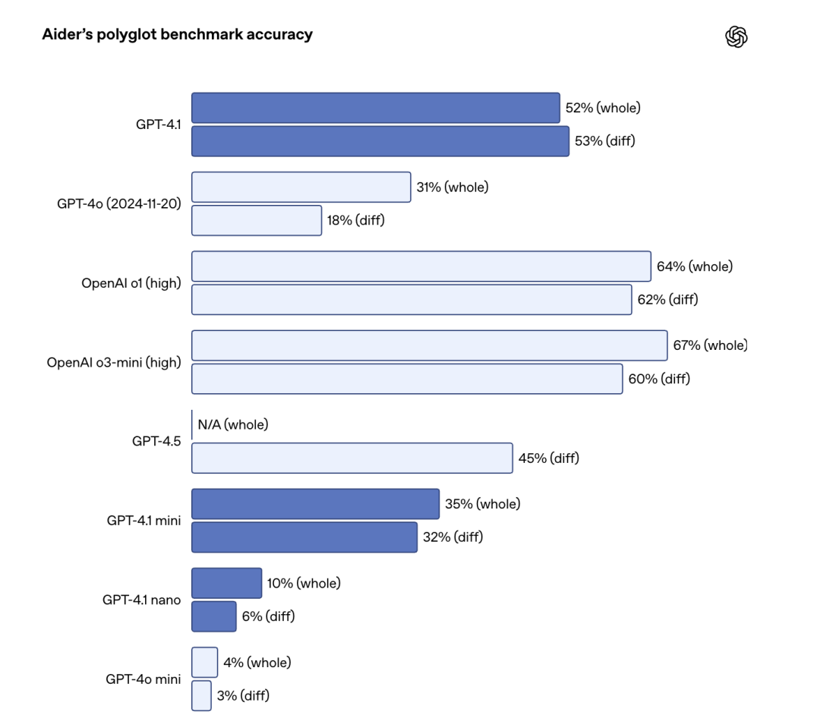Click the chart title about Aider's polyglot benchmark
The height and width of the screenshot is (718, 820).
click(177, 35)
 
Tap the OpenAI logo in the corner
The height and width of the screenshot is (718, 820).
click(736, 36)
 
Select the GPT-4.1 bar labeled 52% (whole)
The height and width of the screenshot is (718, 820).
click(375, 108)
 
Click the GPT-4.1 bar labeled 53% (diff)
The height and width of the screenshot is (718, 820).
click(380, 141)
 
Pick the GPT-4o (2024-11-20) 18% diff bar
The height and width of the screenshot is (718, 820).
click(256, 220)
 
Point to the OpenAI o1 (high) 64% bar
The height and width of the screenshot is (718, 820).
click(421, 266)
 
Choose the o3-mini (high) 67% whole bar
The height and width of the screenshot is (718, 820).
click(429, 345)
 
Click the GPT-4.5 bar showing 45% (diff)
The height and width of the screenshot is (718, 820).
click(352, 458)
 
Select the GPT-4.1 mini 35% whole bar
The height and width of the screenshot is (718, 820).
click(315, 504)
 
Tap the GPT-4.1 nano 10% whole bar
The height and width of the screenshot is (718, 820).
click(226, 583)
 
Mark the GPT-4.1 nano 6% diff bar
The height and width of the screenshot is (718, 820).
click(213, 616)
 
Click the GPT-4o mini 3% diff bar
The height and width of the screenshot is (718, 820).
click(201, 695)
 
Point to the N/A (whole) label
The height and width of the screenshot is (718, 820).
click(233, 425)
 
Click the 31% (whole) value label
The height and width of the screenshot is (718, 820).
click(452, 187)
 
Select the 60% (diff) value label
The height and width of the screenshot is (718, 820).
click(659, 379)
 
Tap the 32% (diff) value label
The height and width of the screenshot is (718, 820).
click(453, 537)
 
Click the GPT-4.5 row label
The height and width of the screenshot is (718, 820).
click(156, 441)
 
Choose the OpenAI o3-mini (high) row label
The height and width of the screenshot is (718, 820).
click(114, 362)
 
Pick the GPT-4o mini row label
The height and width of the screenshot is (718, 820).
click(143, 679)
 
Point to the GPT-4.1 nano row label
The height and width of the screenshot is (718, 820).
click(141, 600)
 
